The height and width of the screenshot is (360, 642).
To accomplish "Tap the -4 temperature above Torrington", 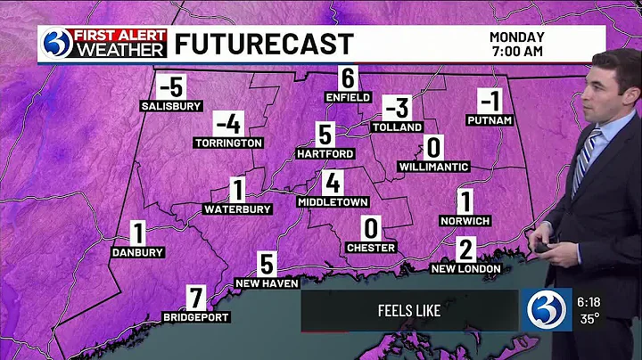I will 228,124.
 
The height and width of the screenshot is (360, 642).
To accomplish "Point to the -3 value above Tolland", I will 397,110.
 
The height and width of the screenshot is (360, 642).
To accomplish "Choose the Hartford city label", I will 325,153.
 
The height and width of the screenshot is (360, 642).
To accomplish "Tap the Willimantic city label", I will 434,166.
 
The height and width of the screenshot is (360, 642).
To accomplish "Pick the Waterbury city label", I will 237,209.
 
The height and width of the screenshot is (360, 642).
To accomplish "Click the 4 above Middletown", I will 333,184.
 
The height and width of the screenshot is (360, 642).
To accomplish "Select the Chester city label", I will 371,247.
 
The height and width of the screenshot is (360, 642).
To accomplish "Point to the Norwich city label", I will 465,220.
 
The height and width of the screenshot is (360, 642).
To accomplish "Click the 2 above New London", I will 465,249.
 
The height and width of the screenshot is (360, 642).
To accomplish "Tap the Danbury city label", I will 138,252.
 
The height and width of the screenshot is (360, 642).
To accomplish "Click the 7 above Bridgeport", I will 197,297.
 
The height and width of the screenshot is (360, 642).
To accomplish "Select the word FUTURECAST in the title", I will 263,44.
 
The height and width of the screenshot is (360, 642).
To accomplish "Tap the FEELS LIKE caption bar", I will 408,311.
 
